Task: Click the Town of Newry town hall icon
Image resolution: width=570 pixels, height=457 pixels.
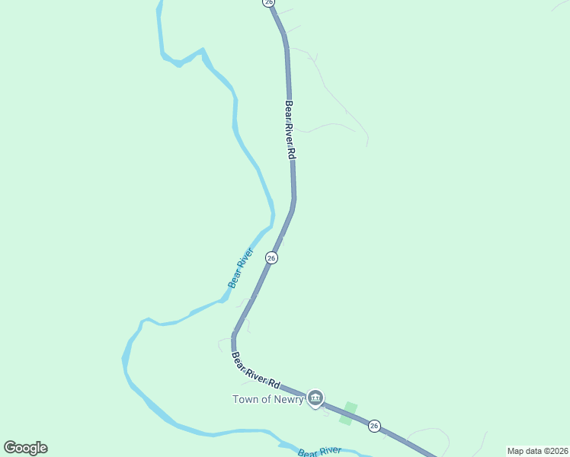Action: coord(315,398)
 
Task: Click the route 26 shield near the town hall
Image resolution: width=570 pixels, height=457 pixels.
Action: coord(373,426)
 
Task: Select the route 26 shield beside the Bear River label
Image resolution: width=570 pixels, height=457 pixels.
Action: coord(271,258)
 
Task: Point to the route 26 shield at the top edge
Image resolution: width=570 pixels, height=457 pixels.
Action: coord(268,3)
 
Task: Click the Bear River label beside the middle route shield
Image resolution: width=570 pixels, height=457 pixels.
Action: coord(240,268)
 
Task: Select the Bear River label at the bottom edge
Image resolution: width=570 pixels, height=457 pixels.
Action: coord(319,452)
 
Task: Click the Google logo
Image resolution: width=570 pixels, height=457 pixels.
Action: coord(25,448)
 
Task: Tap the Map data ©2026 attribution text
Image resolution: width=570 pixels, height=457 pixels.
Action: coord(536,450)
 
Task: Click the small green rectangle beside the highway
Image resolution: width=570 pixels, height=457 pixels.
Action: coord(347,413)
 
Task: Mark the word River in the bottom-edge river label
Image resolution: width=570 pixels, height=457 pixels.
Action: coord(329,451)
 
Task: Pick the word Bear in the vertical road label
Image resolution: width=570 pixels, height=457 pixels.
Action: coord(288,110)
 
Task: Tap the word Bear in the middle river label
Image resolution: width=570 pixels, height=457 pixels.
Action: coord(234,280)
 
